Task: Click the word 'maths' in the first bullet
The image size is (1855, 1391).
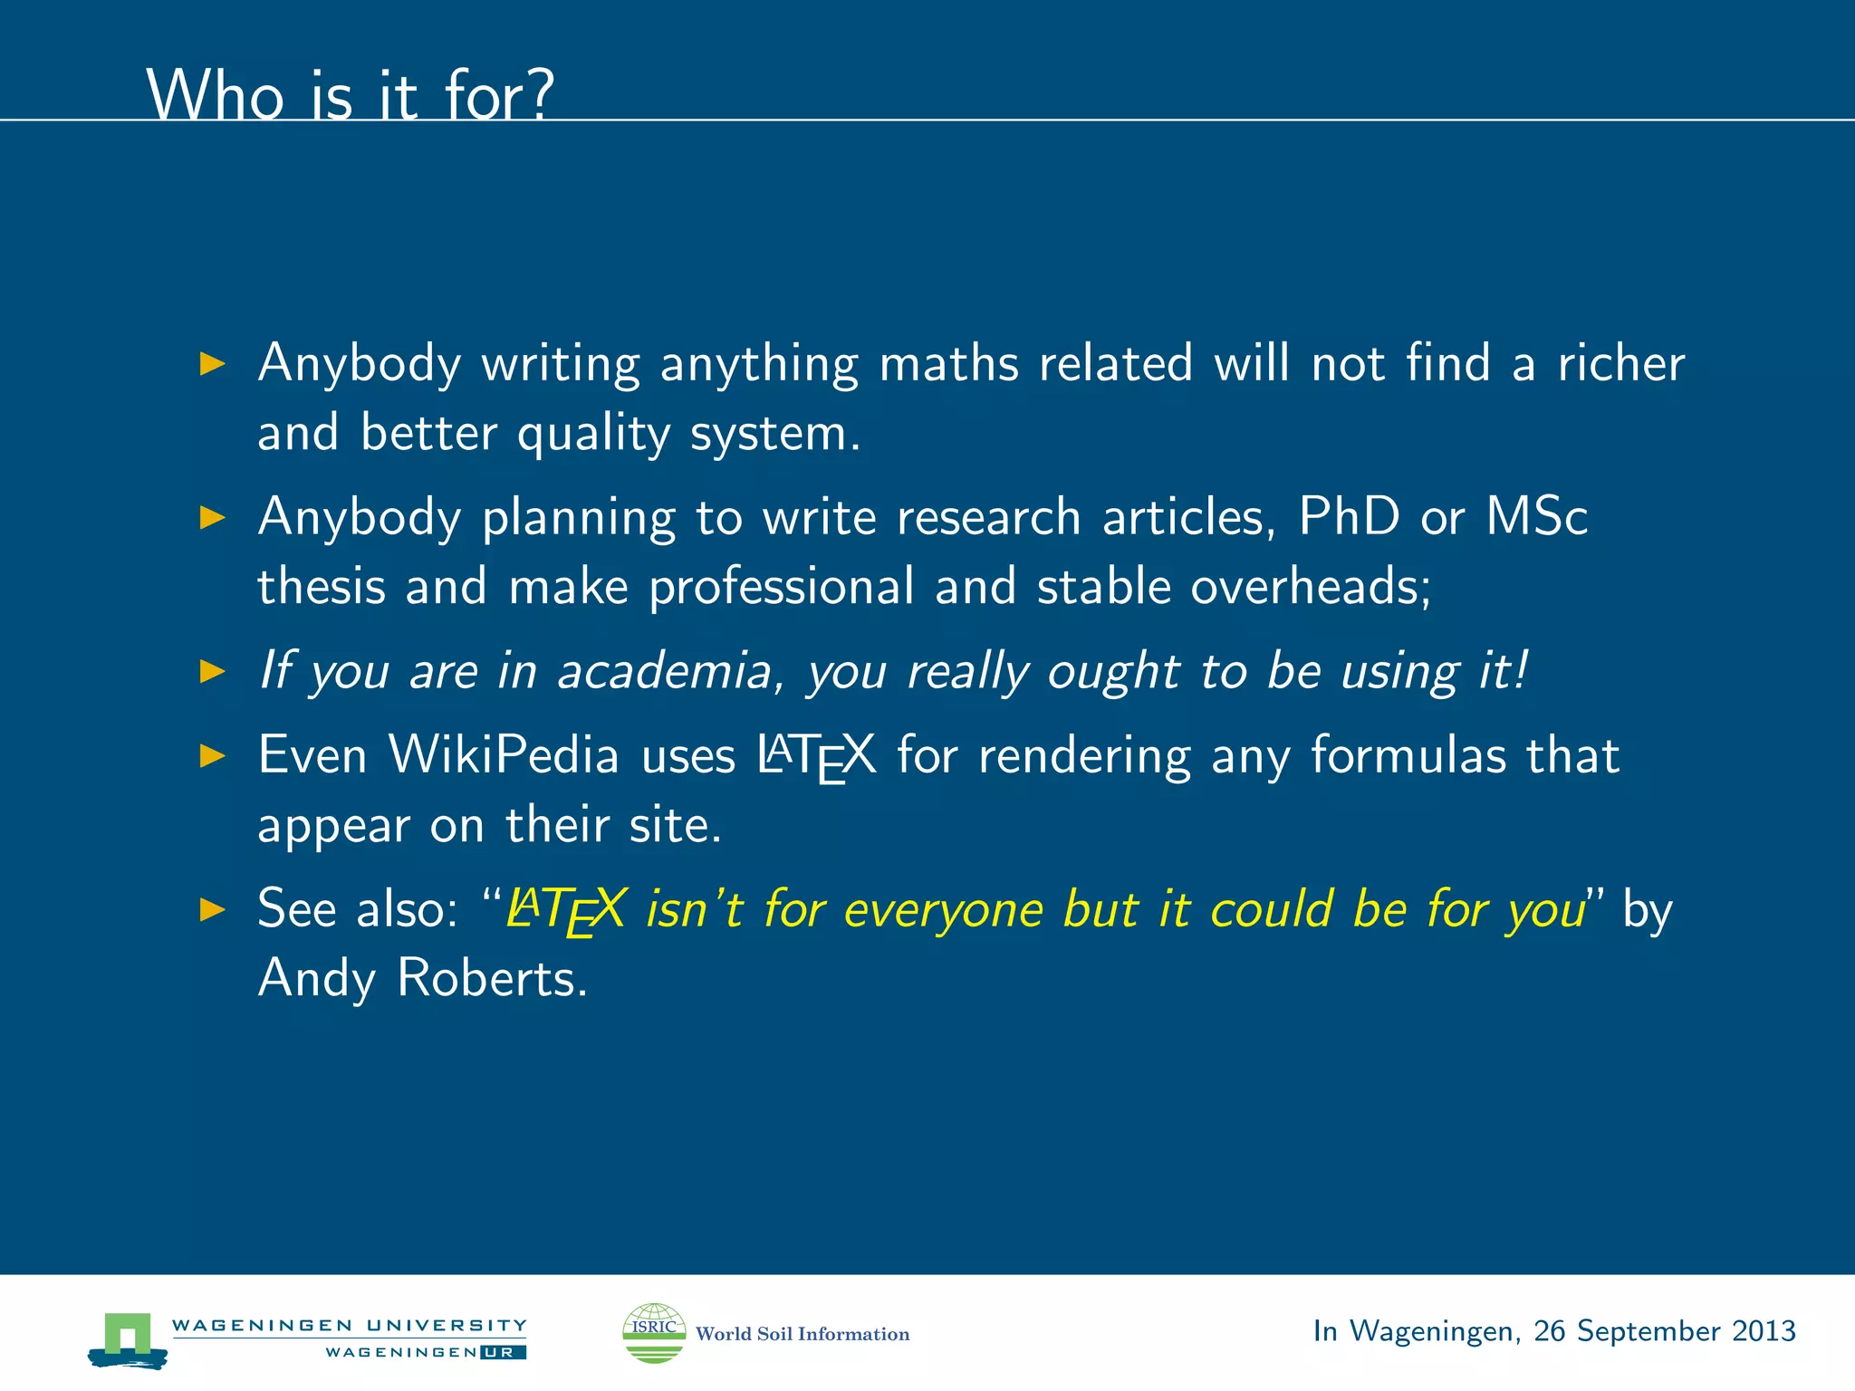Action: pos(948,364)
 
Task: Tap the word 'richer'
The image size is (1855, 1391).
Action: pos(1620,364)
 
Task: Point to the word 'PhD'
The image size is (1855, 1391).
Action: pos(1349,517)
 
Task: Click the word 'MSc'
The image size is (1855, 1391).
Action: pos(1536,517)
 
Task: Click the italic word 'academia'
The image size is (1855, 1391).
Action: pos(664,671)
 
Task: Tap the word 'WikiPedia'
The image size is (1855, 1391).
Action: pos(504,754)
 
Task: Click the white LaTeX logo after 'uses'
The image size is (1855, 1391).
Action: pos(816,756)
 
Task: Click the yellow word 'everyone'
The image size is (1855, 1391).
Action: pos(943,910)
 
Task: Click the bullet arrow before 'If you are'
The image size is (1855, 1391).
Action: pos(212,671)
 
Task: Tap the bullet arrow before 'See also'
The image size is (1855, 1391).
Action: pos(212,908)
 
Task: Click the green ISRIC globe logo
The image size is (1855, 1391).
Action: pos(654,1332)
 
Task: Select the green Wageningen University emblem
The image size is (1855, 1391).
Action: pos(128,1338)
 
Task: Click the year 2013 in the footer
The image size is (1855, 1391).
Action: pos(1763,1331)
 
